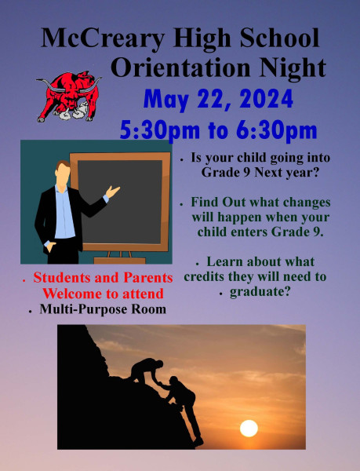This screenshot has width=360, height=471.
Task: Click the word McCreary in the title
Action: point(103,38)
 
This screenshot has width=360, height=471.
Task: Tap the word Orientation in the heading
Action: point(180,68)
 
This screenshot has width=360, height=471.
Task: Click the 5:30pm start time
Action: point(160,130)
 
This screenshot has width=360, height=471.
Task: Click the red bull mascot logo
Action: point(69,97)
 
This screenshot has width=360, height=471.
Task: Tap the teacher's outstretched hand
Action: point(112,192)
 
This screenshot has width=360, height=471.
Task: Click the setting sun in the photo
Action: point(249,429)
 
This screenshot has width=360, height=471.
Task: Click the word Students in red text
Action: point(62,278)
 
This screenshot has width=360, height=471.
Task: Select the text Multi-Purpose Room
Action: point(103,309)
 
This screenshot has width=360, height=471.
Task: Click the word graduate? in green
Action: point(260,291)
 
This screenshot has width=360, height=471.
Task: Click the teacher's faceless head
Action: point(63,173)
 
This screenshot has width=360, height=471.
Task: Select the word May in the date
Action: point(166,100)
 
